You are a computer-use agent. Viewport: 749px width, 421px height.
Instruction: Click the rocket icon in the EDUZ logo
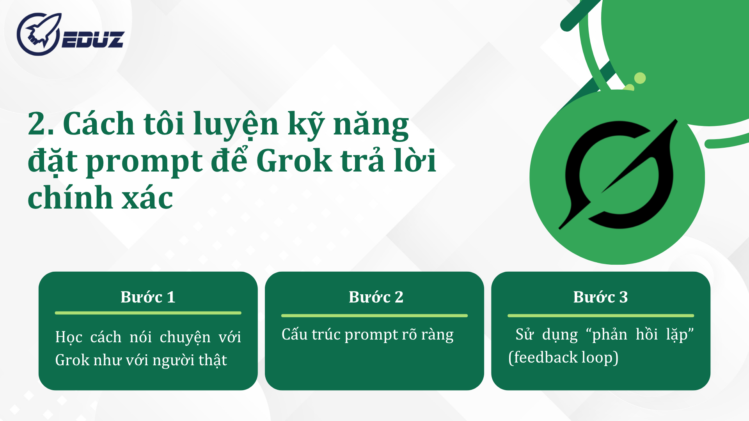(39, 34)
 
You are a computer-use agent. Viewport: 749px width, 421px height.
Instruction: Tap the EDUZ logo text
(93, 39)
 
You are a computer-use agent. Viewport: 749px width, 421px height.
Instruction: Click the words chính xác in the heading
(100, 197)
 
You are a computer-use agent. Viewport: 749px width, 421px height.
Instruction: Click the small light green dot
(640, 78)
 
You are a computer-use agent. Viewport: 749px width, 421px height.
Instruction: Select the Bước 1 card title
(148, 297)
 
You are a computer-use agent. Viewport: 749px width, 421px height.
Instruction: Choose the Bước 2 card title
(376, 297)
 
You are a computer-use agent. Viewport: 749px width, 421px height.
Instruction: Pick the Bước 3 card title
(600, 297)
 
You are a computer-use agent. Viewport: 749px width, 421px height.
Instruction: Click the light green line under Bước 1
(148, 313)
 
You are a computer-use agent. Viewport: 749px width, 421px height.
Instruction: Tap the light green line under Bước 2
(374, 315)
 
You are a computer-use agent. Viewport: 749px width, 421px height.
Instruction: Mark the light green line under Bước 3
(600, 315)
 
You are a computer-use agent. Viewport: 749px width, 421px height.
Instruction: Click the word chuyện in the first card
(185, 337)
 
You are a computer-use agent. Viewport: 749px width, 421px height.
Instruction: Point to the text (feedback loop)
(563, 357)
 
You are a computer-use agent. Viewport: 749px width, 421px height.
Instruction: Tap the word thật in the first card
(213, 360)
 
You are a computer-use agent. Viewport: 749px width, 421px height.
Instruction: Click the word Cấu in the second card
(294, 334)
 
